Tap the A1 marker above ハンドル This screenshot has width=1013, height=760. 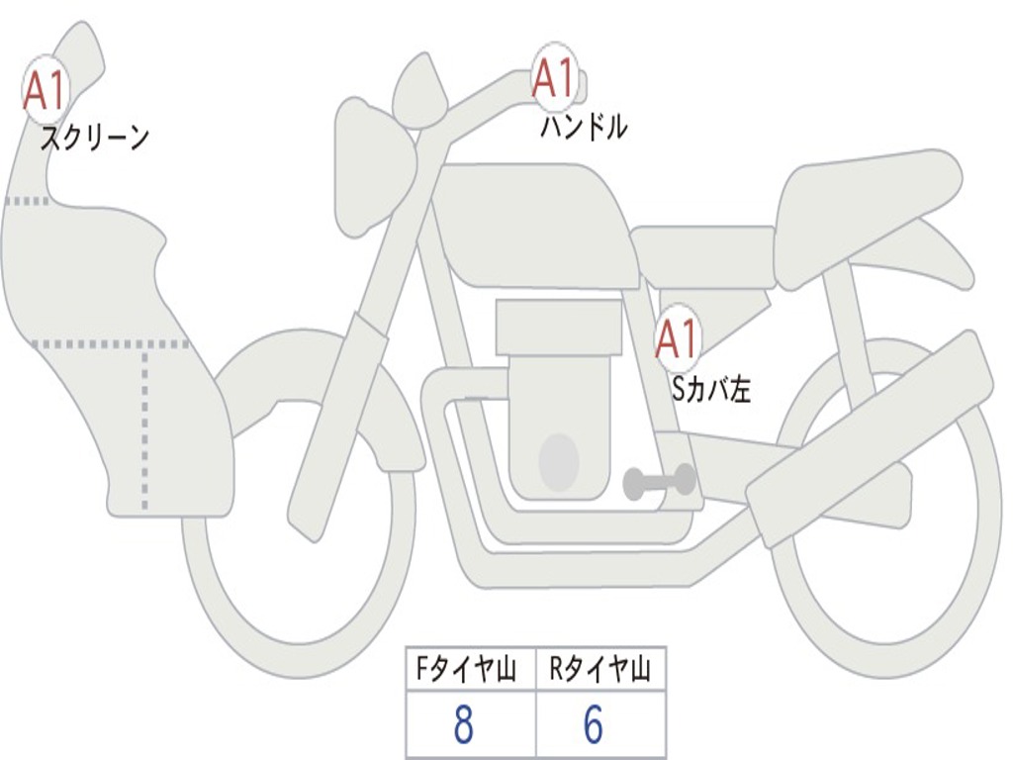coord(553,78)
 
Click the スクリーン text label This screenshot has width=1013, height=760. coord(94,138)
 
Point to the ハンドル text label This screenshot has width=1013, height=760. coord(584,127)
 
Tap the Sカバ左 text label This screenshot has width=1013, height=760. coord(711,389)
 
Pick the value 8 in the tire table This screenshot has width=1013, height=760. coord(463,726)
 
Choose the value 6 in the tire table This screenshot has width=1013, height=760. coord(593,726)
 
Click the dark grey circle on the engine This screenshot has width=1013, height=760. coord(559,462)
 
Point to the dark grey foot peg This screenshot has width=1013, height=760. coord(658,482)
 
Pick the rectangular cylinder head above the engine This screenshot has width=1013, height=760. coord(559,327)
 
